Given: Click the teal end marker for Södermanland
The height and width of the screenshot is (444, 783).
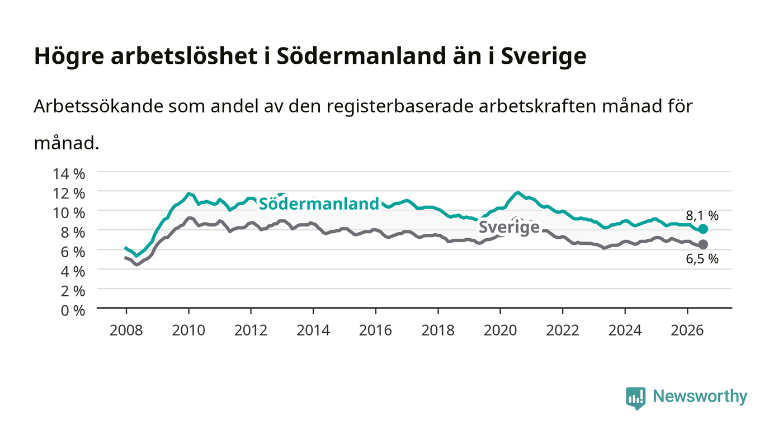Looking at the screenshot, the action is coord(703,229).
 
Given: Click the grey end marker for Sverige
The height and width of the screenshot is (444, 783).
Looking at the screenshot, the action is coord(703,244).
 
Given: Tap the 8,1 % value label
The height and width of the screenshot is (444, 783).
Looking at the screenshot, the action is coord(702,216).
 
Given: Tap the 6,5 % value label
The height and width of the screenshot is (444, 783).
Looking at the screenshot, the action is coord(702,259).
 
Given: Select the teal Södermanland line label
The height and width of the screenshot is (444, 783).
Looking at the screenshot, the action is coord(319,204).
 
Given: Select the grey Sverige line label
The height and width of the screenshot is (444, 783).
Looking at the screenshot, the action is coord(510,227).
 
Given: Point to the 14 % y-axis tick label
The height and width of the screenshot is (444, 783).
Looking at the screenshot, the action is coord(69,174).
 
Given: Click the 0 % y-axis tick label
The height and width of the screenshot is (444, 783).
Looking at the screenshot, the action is coord(73,310).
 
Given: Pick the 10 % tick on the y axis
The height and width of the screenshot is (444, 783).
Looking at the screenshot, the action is coord(69,213).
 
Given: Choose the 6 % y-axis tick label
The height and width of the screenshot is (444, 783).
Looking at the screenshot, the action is coord(73,252).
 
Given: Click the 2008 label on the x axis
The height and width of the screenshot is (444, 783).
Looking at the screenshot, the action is coord(126,330).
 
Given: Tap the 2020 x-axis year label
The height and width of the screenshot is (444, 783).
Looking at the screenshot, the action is coord(500,330).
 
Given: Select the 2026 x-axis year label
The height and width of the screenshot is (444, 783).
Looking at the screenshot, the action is coord(687,330).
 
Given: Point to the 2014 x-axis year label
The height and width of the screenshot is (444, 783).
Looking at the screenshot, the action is coord(313,330).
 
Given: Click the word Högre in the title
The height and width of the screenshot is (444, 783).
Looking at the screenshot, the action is coord(69,56).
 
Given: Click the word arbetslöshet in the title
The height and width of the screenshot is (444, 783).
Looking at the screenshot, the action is coord(184,55).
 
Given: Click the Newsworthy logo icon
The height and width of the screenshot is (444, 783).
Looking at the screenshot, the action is coord(635,398).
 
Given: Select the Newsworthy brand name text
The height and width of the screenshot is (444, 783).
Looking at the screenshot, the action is coord(700,397).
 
